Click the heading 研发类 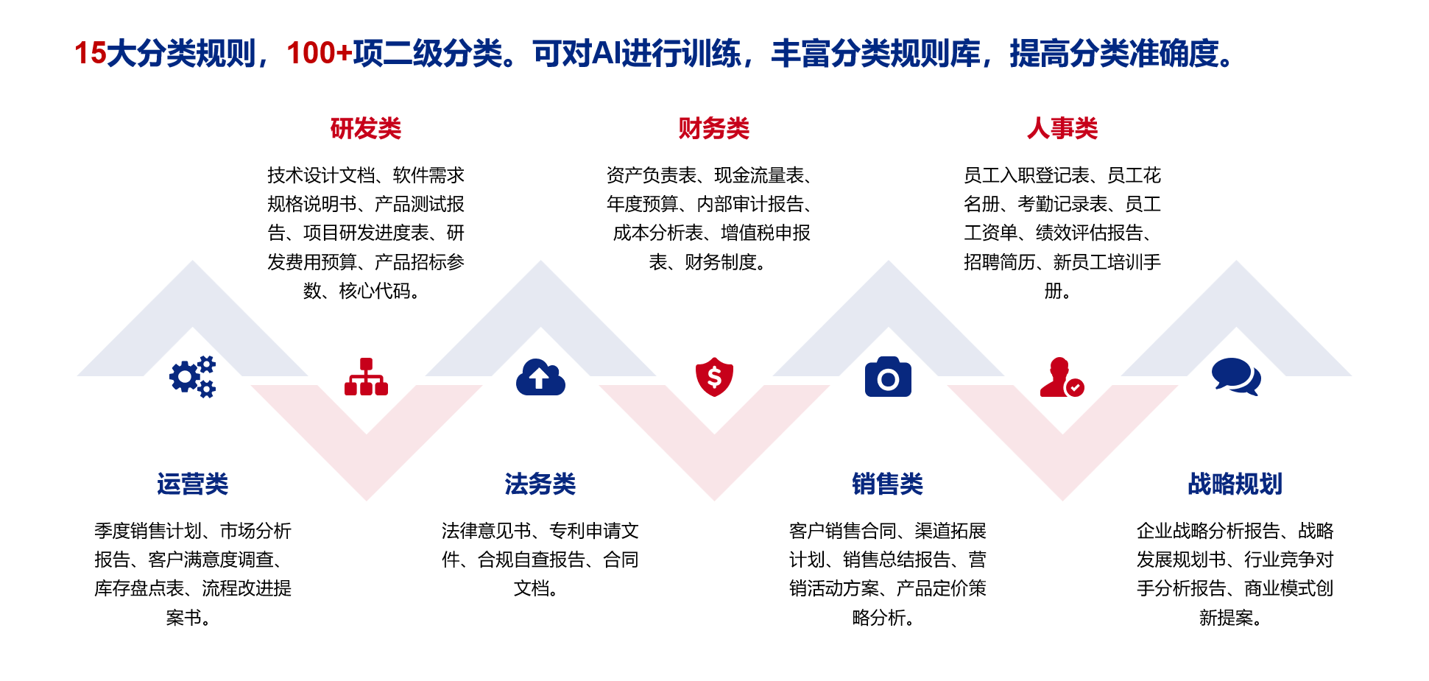tap(365, 129)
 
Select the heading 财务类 tap(713, 129)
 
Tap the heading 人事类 tap(1062, 129)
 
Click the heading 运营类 tap(192, 484)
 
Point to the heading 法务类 tap(540, 484)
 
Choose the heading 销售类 tap(887, 484)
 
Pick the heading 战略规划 tap(1235, 484)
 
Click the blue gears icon tap(193, 377)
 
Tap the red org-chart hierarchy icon tap(366, 377)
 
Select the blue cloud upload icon tap(540, 377)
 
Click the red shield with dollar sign tap(714, 377)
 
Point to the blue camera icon tap(888, 377)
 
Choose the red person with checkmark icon tap(1062, 377)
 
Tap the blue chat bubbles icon tap(1236, 377)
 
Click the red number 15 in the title tap(91, 54)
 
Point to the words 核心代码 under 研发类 tap(374, 291)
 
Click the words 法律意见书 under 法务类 tap(486, 531)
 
